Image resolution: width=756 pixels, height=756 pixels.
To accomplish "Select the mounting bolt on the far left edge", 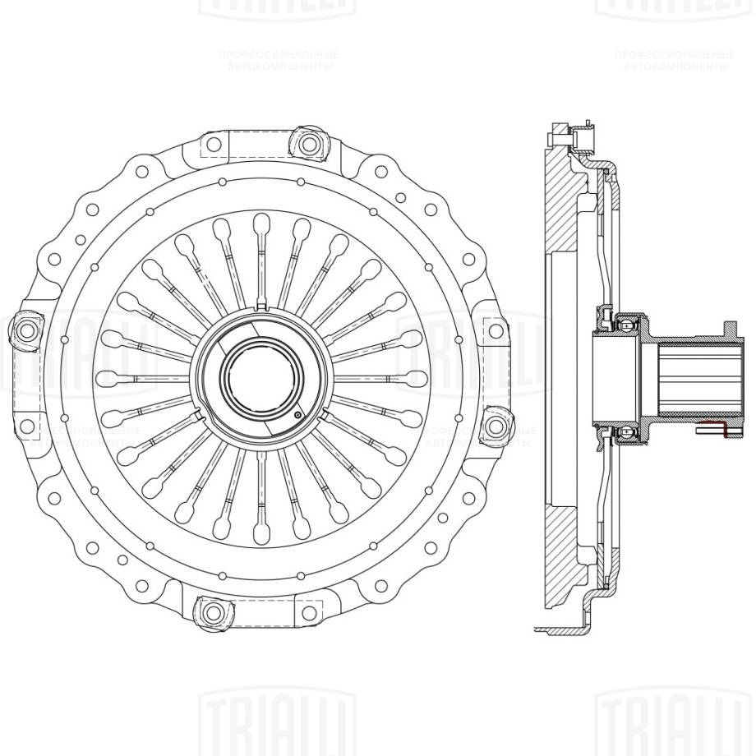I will pyautogui.click(x=25, y=330).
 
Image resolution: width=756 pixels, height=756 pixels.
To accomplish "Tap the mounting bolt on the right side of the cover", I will pyautogui.click(x=494, y=426).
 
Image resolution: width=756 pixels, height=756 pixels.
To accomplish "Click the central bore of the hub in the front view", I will pyautogui.click(x=258, y=378).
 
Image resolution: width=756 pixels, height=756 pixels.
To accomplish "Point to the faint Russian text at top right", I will pyautogui.click(x=674, y=59).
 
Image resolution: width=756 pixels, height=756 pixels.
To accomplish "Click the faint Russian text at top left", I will pyautogui.click(x=279, y=59).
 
